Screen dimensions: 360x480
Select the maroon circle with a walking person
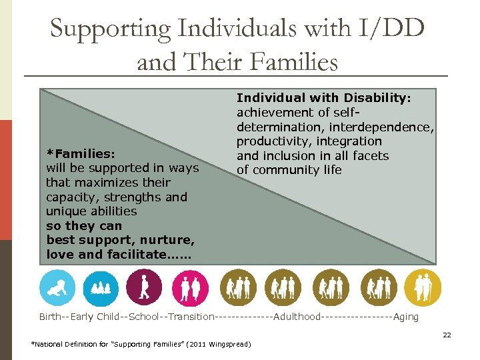pos(144,287)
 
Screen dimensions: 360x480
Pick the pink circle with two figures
pos(190,287)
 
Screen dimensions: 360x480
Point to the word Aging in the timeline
pos(406,317)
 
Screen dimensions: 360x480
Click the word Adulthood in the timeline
pos(297,317)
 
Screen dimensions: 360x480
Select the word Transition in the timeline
pos(191,317)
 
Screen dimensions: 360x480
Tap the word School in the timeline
pos(144,317)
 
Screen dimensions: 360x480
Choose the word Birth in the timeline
pos(50,317)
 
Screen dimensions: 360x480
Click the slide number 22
pos(447,335)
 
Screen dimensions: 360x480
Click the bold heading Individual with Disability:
pos(324,98)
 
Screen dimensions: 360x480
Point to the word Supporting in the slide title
pos(110,29)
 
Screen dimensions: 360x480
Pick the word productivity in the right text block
pos(272,141)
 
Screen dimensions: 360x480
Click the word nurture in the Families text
pos(169,240)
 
